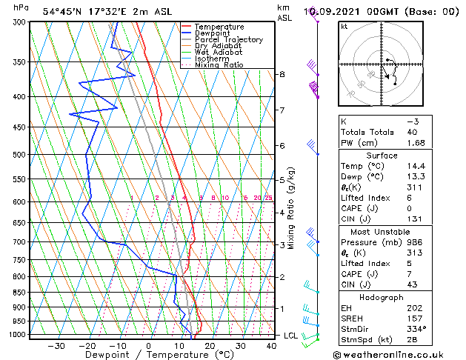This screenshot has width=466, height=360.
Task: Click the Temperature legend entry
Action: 220,27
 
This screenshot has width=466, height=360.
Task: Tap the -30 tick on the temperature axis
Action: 56,345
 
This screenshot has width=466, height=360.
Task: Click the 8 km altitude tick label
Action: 282,74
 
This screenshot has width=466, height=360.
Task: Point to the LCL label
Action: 291,336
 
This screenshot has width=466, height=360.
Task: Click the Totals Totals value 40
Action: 412,132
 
